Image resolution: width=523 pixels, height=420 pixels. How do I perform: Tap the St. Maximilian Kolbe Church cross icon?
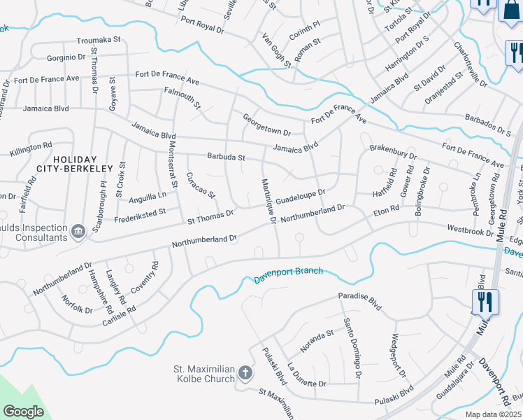245,373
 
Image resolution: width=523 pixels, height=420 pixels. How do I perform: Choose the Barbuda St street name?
225,157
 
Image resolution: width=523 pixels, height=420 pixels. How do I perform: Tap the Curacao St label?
201,185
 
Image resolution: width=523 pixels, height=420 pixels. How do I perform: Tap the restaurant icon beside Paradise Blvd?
485,302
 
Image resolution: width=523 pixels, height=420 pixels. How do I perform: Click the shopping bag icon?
510,10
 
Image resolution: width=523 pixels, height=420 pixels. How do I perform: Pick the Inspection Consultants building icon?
78,230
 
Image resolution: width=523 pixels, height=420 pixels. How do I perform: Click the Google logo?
24,412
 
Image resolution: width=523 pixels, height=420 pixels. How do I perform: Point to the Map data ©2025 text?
493,414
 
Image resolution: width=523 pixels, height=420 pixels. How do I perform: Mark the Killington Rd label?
31,149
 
